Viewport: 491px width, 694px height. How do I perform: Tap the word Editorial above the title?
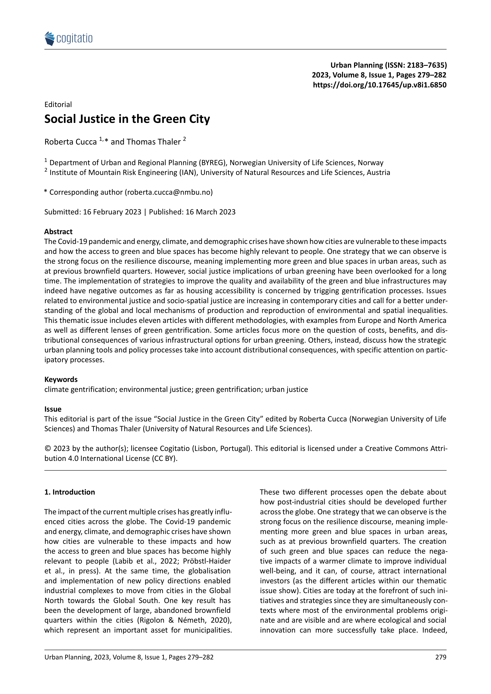click(58, 105)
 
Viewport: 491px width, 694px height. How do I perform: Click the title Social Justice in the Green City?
click(127, 119)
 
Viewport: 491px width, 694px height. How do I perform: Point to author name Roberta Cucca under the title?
click(71, 142)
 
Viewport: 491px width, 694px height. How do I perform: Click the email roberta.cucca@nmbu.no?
click(169, 192)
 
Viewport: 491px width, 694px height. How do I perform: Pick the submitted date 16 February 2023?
click(112, 212)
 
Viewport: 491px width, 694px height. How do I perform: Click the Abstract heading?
click(58, 232)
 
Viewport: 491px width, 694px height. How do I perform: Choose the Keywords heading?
click(61, 380)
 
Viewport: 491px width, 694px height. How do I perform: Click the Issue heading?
click(53, 409)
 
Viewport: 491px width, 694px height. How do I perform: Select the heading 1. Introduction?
click(70, 492)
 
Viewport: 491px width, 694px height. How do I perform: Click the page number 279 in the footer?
click(441, 657)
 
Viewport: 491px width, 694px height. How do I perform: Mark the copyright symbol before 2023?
click(47, 449)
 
